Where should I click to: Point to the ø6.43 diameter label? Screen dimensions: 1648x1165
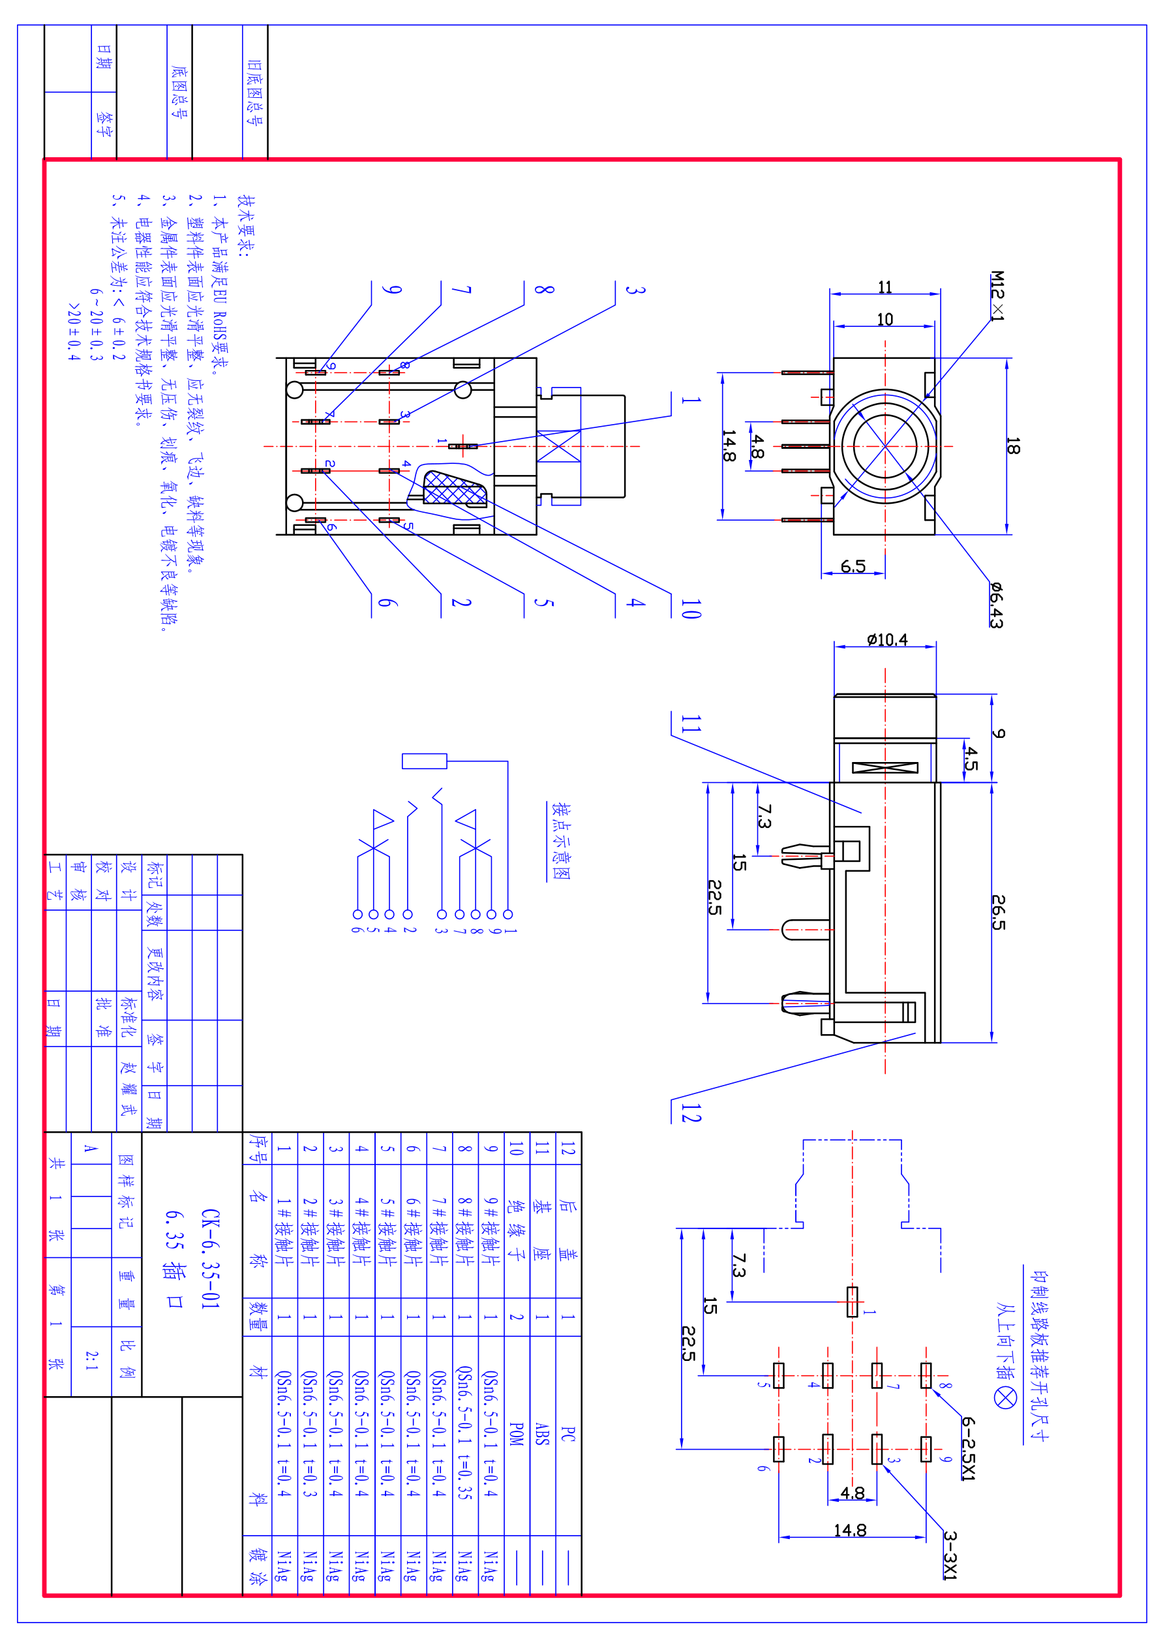[x=995, y=604]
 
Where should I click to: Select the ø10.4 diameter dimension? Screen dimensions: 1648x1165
[x=886, y=639]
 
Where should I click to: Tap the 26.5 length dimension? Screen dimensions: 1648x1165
[x=999, y=911]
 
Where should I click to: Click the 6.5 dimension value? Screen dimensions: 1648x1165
[x=853, y=566]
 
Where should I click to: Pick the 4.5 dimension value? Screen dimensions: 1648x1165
[x=971, y=758]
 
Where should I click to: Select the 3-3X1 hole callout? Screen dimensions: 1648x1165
[x=950, y=1555]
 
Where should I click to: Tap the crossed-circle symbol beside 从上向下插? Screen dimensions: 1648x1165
[x=1005, y=1397]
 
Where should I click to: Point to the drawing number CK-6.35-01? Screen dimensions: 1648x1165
[x=209, y=1259]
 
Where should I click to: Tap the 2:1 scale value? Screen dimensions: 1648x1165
[x=91, y=1360]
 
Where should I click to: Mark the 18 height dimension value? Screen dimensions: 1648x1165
[x=1012, y=446]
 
